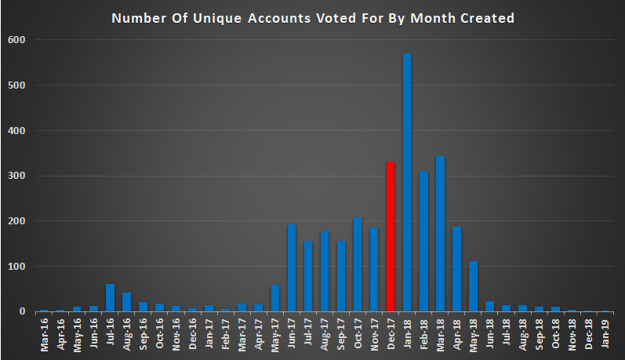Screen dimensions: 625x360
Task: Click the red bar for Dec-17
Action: point(391,236)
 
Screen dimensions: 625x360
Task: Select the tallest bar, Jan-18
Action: point(407,182)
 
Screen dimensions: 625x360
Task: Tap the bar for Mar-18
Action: point(440,234)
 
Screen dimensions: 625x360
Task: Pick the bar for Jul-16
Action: point(110,297)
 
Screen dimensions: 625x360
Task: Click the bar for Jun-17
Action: point(292,268)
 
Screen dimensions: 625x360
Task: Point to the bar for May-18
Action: point(473,286)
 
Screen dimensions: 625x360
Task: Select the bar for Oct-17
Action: point(358,264)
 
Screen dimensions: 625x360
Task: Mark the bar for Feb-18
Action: point(423,242)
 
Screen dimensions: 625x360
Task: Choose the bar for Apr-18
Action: point(457,269)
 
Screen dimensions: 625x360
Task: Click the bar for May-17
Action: point(275,298)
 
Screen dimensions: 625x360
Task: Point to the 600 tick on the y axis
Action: point(16,40)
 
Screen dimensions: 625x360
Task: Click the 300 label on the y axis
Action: point(16,176)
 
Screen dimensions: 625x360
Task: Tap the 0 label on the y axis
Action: point(22,311)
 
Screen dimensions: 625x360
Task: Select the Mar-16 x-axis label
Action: point(44,334)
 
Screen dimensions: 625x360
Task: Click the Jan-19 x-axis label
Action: point(605,333)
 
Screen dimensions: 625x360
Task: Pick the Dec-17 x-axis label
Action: point(391,334)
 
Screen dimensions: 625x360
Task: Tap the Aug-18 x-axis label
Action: point(522,334)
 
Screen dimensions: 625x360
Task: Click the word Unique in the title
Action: point(217,18)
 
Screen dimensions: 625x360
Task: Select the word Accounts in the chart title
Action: point(279,18)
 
